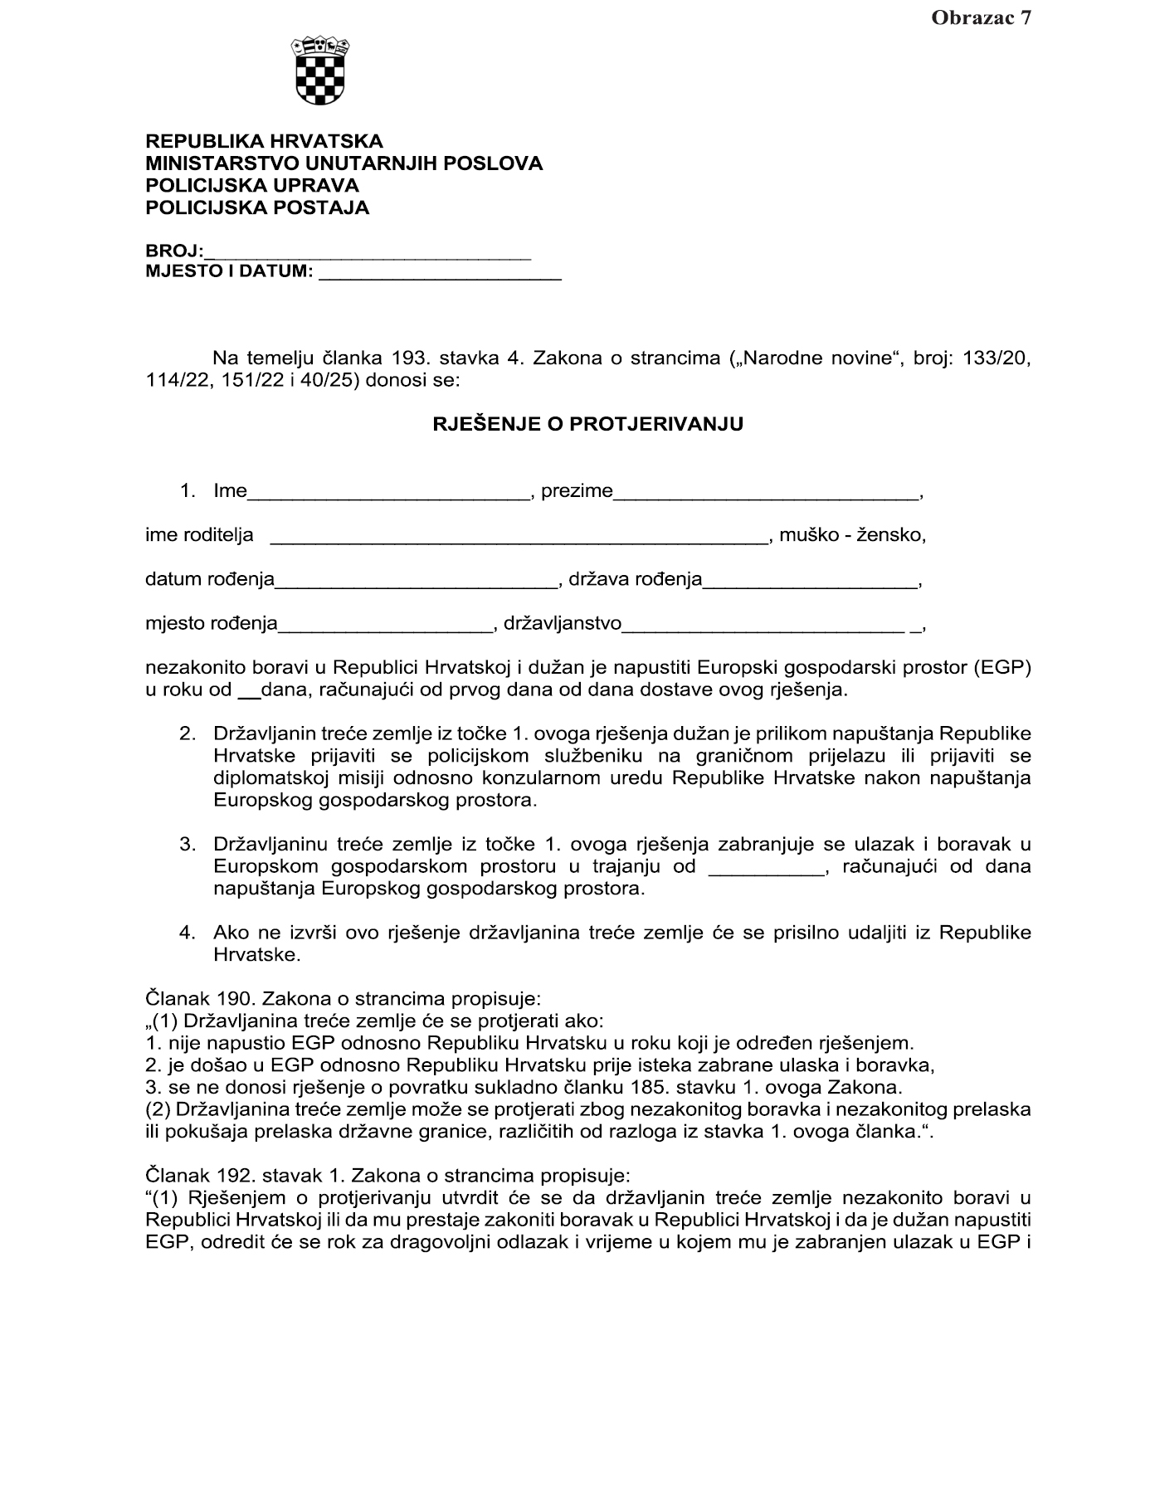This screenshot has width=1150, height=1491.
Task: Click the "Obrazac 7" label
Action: (981, 18)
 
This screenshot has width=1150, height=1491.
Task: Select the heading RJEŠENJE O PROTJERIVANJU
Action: (588, 425)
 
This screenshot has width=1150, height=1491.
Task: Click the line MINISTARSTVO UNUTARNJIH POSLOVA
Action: (344, 163)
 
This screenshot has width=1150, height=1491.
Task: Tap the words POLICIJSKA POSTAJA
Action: (257, 208)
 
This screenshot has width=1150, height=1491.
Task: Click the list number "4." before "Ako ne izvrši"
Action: (188, 933)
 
